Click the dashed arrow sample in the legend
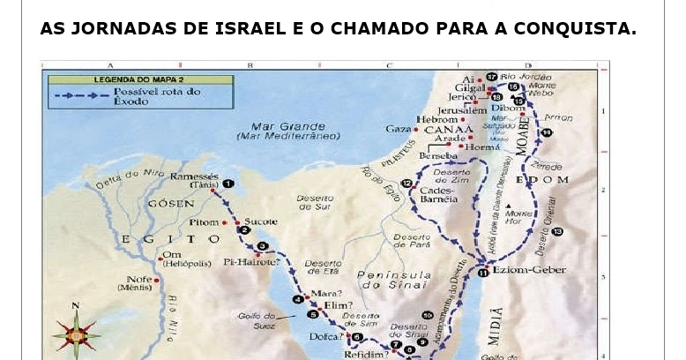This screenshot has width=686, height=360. click(x=81, y=95)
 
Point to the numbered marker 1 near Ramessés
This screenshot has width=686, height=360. click(x=227, y=184)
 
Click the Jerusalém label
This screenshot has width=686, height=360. click(x=461, y=110)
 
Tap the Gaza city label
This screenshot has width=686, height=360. click(x=399, y=129)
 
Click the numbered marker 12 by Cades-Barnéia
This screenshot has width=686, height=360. click(x=406, y=184)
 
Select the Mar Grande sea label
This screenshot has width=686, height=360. click(x=287, y=126)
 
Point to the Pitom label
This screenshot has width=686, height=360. click(x=204, y=222)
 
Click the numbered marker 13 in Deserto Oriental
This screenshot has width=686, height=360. click(x=557, y=231)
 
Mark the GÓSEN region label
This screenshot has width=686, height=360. click(x=171, y=203)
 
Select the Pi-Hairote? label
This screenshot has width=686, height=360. click(x=251, y=262)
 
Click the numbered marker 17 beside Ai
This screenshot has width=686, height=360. click(x=492, y=78)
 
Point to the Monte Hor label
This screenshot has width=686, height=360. click(x=520, y=217)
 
